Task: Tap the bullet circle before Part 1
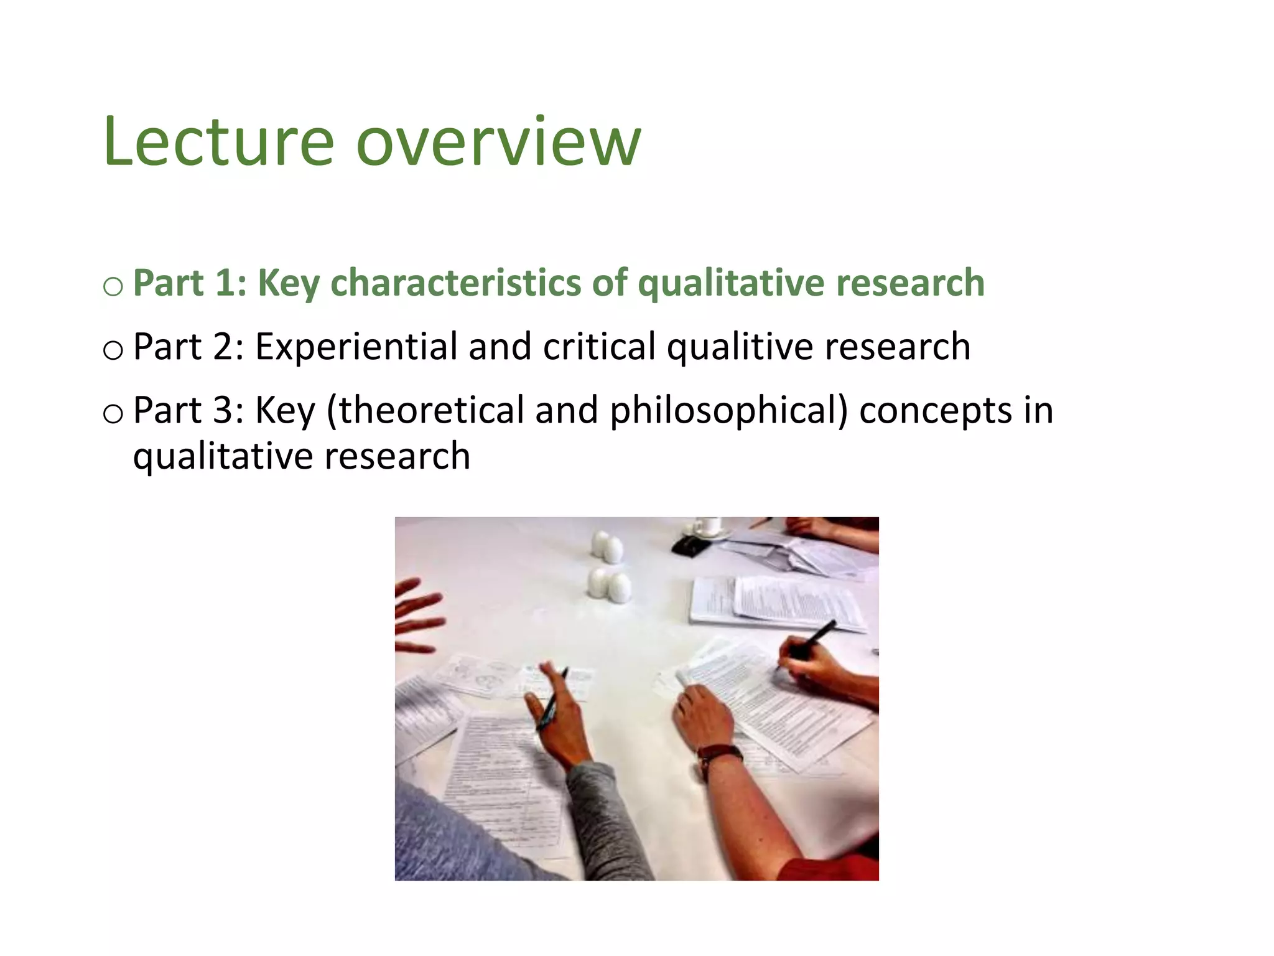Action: (x=113, y=287)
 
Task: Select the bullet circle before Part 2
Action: (x=113, y=350)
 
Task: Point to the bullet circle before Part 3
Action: (x=113, y=414)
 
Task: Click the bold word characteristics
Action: (x=456, y=284)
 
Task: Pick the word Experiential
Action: (x=356, y=347)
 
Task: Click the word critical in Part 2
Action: (x=599, y=347)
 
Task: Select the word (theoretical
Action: (x=425, y=411)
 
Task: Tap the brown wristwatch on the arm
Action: (x=720, y=756)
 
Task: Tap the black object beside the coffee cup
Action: (x=691, y=546)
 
